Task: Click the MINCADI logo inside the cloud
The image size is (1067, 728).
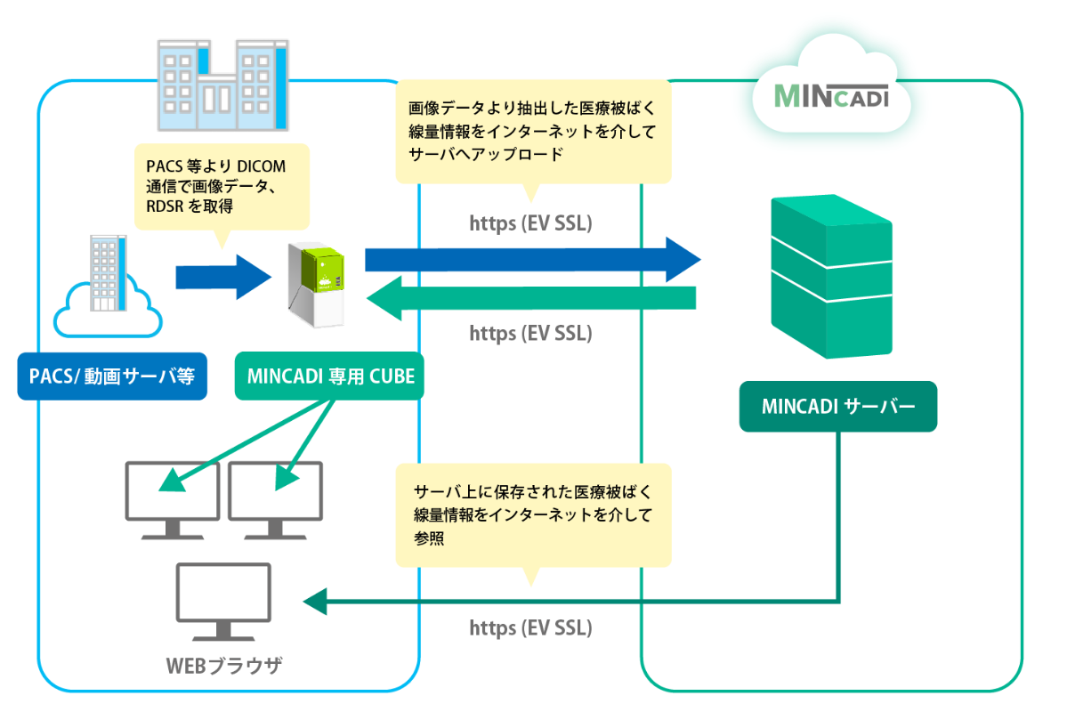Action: tap(831, 96)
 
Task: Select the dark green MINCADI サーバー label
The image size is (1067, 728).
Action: tap(837, 407)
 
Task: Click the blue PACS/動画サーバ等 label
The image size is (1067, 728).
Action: tap(112, 376)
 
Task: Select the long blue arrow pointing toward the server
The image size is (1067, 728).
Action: tap(532, 259)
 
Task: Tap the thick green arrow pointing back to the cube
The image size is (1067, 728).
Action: tap(532, 298)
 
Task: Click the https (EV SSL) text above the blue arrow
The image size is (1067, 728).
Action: tap(530, 222)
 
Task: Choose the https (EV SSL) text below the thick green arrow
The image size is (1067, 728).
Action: tap(530, 334)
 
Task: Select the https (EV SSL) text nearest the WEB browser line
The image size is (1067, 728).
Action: tap(530, 628)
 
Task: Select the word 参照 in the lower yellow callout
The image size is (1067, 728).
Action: tap(429, 539)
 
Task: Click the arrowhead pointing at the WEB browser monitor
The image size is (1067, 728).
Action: tap(315, 603)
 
